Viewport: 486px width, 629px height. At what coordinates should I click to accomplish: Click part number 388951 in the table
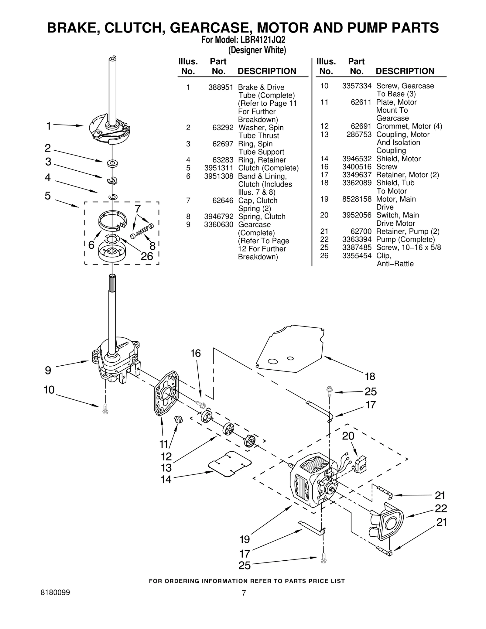(221, 87)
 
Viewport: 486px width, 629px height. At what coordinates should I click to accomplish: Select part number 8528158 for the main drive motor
(357, 199)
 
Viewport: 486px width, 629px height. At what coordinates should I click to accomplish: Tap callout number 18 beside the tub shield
(370, 377)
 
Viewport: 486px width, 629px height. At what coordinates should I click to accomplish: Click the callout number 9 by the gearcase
(48, 371)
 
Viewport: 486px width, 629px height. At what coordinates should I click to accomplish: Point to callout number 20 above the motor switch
(348, 436)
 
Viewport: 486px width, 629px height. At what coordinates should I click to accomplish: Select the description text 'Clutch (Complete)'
(268, 168)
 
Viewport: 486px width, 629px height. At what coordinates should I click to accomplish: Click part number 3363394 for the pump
(357, 240)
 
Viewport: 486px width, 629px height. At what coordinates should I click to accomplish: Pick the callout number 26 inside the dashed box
(147, 257)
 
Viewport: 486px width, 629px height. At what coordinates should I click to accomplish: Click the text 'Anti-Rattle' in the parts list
(395, 264)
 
